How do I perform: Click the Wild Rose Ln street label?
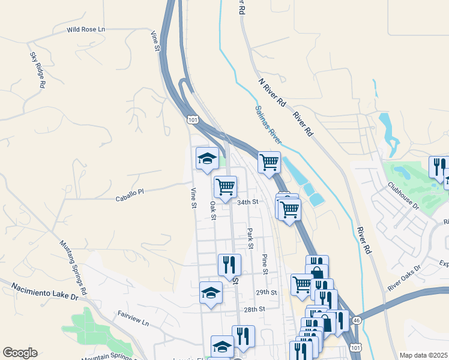point(85,29)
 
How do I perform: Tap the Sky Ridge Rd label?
point(37,70)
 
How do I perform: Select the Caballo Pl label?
point(130,192)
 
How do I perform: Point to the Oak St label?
point(212,210)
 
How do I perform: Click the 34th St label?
point(247,202)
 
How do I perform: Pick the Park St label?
point(250,238)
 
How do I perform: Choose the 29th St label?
point(265,292)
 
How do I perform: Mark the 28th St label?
point(255,309)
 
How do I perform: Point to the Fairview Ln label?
point(133,318)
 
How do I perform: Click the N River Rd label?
point(271,92)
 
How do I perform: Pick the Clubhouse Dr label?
point(403,196)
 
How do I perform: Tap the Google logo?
point(20,353)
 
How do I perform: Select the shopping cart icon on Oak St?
point(226,187)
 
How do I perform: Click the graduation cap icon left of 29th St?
point(211,293)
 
